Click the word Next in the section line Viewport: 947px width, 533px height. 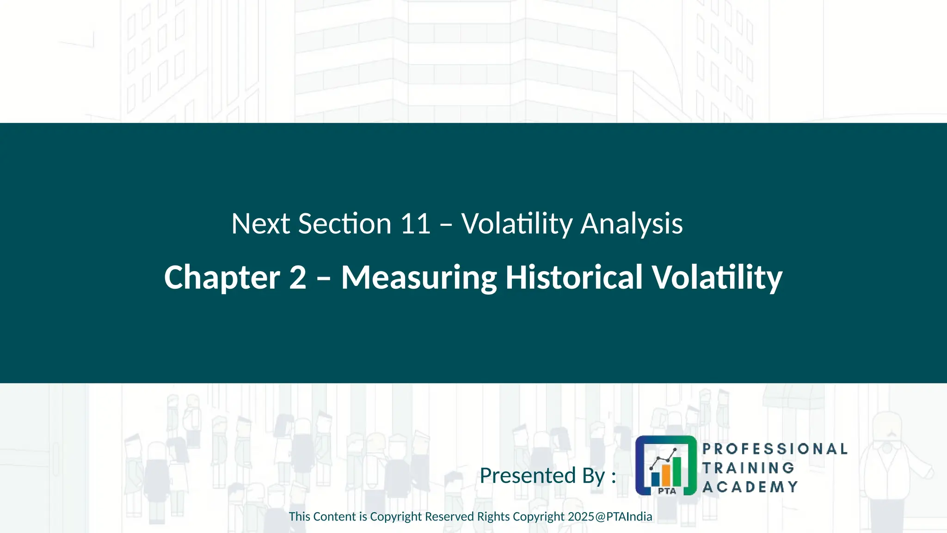[x=260, y=224]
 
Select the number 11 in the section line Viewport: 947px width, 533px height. [x=415, y=224]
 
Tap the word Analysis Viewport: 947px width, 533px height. [x=631, y=224]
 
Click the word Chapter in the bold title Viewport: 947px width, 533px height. [x=222, y=278]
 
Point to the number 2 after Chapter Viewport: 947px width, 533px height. [x=298, y=278]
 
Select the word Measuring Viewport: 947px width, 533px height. [x=418, y=278]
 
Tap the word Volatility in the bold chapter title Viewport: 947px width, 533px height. [x=717, y=278]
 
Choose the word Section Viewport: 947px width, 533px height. [x=345, y=224]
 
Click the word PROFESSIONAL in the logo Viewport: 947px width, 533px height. [x=775, y=449]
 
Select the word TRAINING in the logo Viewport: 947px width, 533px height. [x=748, y=468]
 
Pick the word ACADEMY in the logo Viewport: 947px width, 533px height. [x=750, y=487]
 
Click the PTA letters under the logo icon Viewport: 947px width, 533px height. [x=667, y=491]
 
